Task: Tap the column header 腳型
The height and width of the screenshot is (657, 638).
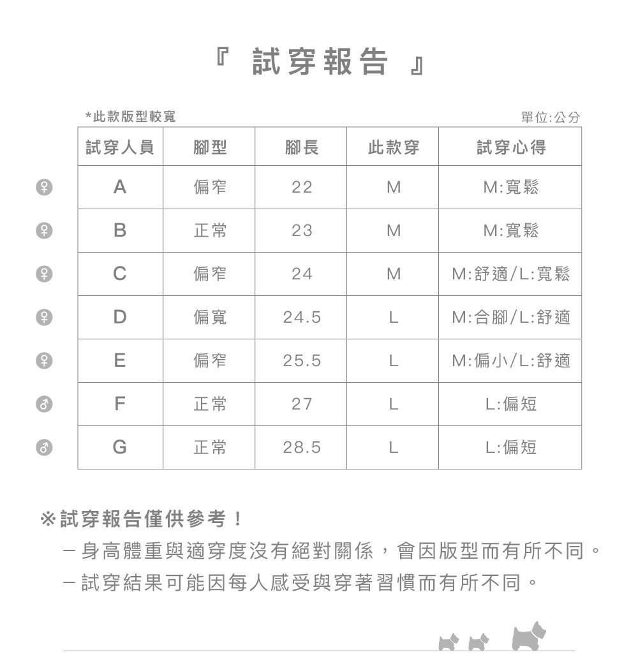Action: pos(210,148)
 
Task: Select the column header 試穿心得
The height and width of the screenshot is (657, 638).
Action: pos(511,148)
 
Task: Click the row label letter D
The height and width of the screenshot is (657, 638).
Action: pos(119,317)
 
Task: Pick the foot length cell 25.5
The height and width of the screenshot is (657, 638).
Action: pos(302,361)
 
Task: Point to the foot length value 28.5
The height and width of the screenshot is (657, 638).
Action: pos(302,448)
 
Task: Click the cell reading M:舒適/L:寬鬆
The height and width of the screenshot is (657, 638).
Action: pos(511,274)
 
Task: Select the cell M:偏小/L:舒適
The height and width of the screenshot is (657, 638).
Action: pos(511,361)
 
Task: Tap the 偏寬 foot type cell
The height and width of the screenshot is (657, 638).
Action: pos(210,317)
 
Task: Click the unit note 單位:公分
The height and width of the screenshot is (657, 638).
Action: pos(551,118)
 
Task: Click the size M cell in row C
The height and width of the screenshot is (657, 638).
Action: pos(394,274)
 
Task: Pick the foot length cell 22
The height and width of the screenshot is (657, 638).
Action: pos(302,188)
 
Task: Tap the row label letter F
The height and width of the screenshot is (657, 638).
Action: pos(119,404)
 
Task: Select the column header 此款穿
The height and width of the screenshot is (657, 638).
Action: pos(394,148)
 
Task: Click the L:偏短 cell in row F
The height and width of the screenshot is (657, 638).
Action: pos(511,404)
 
